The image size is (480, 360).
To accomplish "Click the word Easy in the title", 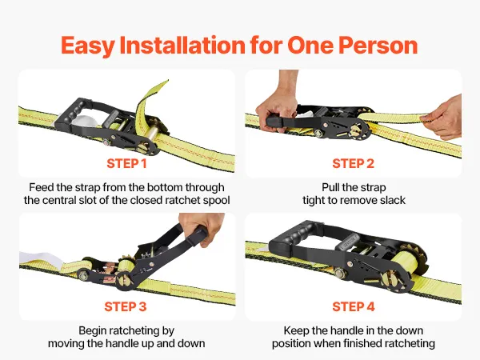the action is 88,46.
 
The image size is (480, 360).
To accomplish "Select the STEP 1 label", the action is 126,163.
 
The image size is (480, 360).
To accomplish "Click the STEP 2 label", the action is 354,163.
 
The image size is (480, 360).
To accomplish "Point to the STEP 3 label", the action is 126,306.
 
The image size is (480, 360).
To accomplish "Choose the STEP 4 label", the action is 354,306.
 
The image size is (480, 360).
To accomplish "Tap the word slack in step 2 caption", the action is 393,201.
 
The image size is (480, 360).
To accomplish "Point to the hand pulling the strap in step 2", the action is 445,118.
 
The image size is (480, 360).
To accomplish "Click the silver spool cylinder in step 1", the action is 152,134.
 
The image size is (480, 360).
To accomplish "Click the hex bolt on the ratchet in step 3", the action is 83,275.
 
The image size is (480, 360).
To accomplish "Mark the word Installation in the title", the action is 182,46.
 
